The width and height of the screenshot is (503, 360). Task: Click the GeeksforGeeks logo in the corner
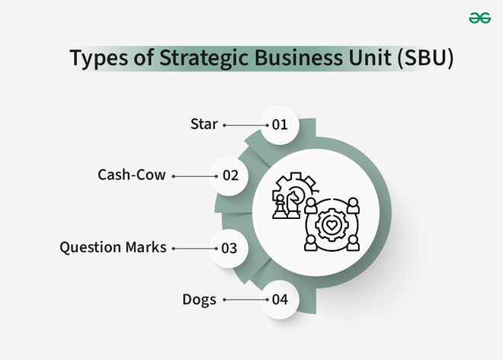coord(479,18)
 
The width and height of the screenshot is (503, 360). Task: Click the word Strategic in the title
coord(204,58)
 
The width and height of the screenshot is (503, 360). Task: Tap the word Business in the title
coord(299,57)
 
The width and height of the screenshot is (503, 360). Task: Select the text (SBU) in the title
coord(425,58)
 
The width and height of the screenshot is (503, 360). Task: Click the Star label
coord(204,124)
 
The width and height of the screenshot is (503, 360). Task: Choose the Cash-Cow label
coord(132,175)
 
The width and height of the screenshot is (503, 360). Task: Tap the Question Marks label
coord(113,247)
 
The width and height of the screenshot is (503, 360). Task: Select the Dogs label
coord(199,300)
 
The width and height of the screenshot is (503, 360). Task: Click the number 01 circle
coord(280,125)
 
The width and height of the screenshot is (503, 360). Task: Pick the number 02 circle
coord(229,176)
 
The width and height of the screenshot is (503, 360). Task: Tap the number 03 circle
coord(229,248)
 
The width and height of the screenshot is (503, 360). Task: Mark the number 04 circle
coord(280,300)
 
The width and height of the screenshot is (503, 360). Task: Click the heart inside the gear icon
coord(332,224)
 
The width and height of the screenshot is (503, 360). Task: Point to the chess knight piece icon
coord(293,204)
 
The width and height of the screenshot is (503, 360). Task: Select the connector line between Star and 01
coord(245,125)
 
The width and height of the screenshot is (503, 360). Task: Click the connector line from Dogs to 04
coord(245,300)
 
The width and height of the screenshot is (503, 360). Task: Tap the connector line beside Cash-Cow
coord(194,176)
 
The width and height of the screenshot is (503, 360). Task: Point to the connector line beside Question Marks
coord(194,249)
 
